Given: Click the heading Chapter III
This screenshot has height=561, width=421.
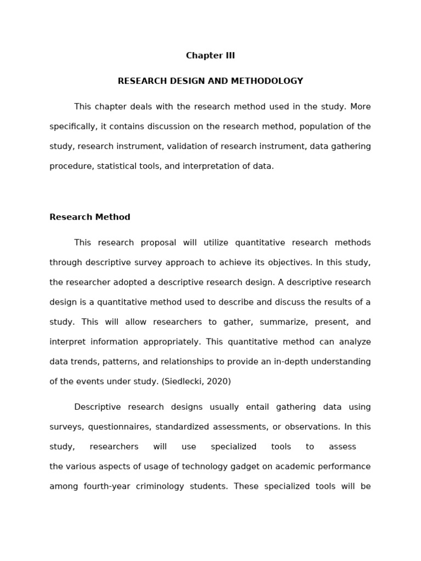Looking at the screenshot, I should pyautogui.click(x=210, y=55).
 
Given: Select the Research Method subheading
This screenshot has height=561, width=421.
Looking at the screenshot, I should pyautogui.click(x=90, y=217).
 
